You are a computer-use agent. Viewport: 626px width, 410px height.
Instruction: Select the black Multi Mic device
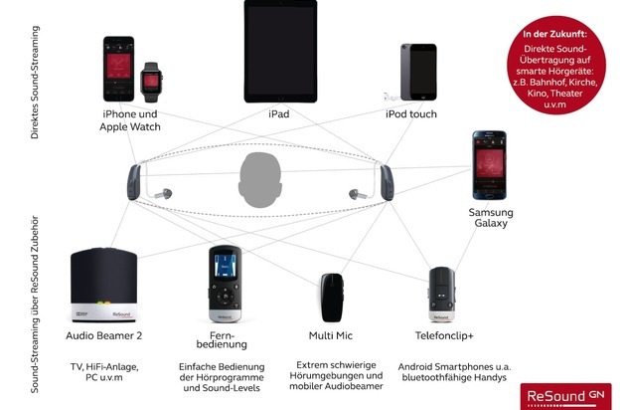pyautogui.click(x=331, y=297)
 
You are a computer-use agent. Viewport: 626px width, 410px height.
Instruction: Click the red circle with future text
pyautogui.click(x=559, y=57)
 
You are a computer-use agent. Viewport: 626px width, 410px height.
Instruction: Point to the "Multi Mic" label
pyautogui.click(x=330, y=337)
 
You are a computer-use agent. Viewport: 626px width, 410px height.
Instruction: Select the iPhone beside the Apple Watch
pyautogui.click(x=119, y=72)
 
